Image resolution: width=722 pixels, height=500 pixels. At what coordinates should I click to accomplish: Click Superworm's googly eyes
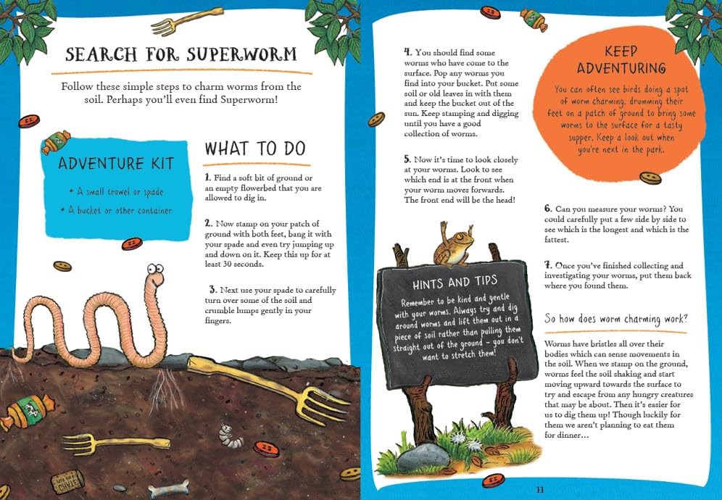[x=155, y=268]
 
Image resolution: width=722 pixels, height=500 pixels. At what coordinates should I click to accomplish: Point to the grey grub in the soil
[x=231, y=436]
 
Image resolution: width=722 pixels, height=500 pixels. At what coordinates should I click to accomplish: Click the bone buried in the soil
[x=169, y=488]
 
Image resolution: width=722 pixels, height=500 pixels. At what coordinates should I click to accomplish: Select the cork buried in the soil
[x=67, y=482]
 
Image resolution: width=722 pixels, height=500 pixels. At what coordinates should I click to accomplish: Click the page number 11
[x=540, y=490]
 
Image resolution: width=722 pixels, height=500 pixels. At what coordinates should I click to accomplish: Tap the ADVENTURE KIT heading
[x=116, y=164]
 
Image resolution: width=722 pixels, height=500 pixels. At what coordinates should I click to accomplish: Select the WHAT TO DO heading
[x=255, y=149]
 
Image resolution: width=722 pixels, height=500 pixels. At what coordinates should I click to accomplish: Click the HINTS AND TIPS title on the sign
[x=455, y=282]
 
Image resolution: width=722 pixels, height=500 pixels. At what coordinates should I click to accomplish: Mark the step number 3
[x=212, y=290]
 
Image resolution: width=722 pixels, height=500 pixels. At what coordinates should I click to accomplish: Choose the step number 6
[x=548, y=209]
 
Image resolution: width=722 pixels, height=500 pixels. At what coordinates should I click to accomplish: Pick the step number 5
[x=407, y=159]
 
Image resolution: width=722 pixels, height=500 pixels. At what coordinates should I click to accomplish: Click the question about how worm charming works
[x=616, y=319]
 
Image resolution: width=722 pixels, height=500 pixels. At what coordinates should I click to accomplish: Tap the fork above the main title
[x=186, y=22]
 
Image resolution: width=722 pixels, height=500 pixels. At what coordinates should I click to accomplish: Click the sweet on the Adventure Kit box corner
[x=56, y=142]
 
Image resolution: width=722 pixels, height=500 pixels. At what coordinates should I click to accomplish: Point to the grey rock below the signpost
[x=423, y=458]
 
